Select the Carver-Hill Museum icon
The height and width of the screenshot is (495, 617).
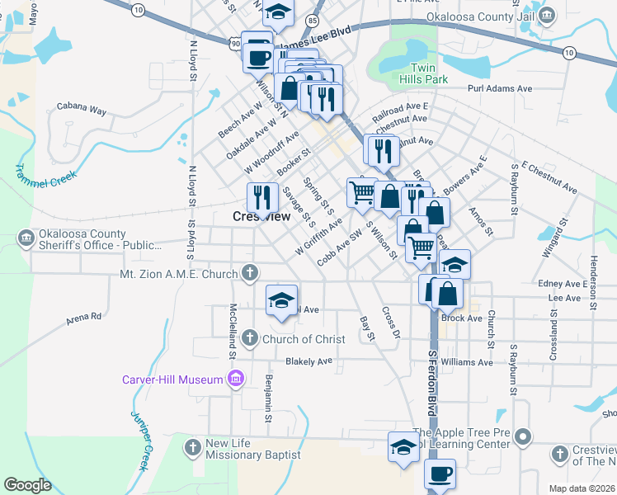[236, 379]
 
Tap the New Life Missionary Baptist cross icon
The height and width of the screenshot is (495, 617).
[192, 447]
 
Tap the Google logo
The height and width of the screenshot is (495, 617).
[27, 485]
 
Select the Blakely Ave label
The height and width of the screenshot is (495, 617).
[308, 361]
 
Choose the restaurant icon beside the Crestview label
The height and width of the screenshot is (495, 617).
[261, 196]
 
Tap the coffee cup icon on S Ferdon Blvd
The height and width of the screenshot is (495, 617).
[439, 474]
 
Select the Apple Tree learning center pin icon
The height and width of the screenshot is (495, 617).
[521, 436]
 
